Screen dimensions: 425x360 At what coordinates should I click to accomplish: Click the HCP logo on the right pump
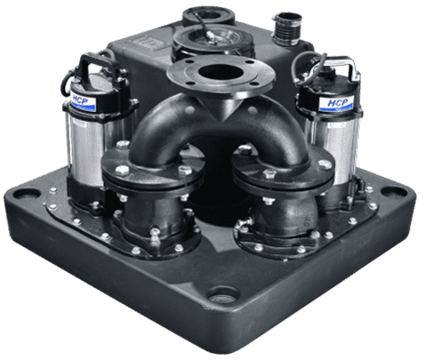[x=337, y=103]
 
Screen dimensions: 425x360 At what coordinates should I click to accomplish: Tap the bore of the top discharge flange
[x=220, y=72]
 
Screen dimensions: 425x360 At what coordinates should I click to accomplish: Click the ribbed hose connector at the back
[x=287, y=28]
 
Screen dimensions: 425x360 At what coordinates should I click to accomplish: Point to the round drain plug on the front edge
[x=223, y=295]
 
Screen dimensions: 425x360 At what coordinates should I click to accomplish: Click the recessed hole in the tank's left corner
[x=27, y=194]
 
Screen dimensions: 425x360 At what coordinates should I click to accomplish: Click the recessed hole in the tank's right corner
[x=394, y=191]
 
